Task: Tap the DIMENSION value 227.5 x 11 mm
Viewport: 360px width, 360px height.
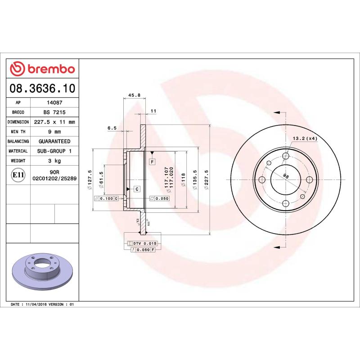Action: click(54, 122)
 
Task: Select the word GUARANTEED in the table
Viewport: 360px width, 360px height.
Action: click(54, 141)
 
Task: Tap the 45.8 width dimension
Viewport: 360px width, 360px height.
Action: click(135, 95)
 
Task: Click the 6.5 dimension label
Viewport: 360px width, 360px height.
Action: click(112, 128)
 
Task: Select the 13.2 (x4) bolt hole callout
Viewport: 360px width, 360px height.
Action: click(305, 138)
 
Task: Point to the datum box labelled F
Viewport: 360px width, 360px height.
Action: click(152, 161)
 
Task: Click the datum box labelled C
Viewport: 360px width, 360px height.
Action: click(136, 189)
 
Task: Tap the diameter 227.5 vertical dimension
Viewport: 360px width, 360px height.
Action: click(207, 180)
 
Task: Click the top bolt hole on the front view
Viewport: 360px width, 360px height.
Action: click(285, 156)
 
